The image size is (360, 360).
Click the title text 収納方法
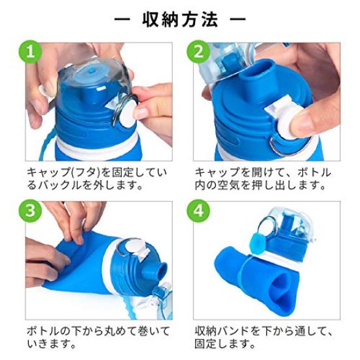(181, 19)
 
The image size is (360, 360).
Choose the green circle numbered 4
(200, 211)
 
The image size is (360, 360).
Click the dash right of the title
(237, 19)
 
